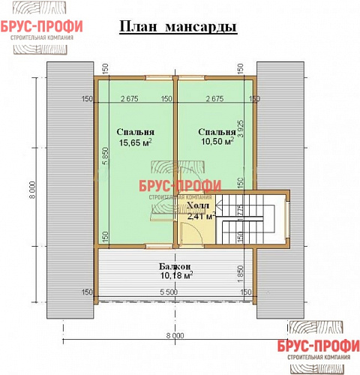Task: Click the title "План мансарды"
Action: [x=178, y=28]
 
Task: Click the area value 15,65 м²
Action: [x=135, y=142]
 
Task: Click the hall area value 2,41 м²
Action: [x=201, y=216]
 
